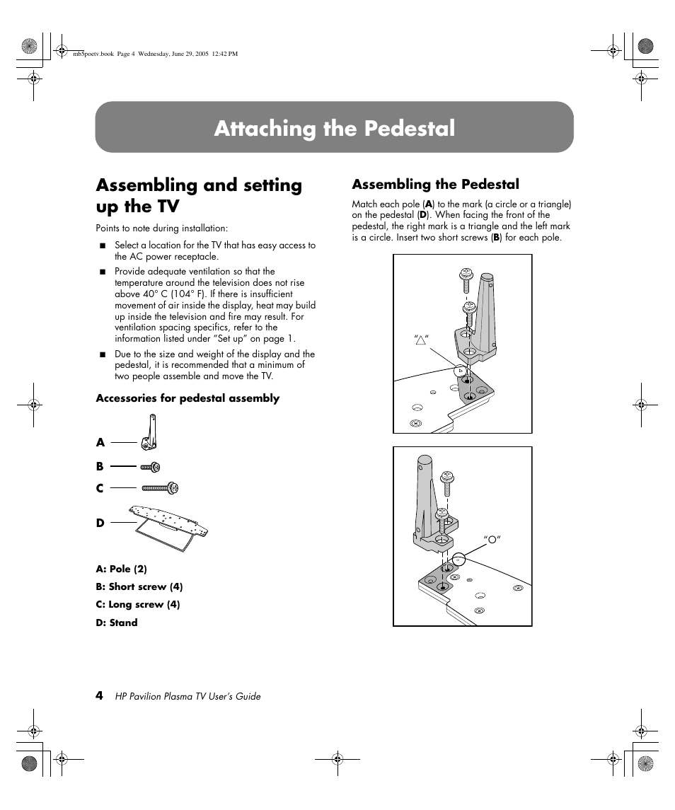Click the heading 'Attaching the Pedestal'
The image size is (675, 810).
click(x=334, y=128)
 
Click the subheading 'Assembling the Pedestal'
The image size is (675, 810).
click(x=435, y=185)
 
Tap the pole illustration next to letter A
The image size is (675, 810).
click(x=150, y=432)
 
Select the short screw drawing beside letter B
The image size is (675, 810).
click(x=151, y=466)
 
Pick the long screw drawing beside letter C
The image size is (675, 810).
click(x=161, y=487)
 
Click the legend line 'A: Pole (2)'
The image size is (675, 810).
click(x=121, y=569)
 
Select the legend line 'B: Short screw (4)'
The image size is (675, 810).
click(x=139, y=586)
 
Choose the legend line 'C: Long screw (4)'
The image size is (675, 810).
click(x=137, y=604)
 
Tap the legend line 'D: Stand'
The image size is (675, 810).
click(x=116, y=623)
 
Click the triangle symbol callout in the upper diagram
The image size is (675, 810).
click(x=422, y=341)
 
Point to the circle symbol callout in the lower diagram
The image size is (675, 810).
click(x=492, y=540)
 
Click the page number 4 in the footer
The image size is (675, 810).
click(x=100, y=695)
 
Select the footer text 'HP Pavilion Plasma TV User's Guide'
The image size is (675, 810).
click(x=187, y=696)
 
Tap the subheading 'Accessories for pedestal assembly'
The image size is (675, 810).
click(x=187, y=398)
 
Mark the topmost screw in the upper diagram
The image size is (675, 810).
click(x=467, y=277)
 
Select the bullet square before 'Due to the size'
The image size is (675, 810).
click(x=102, y=354)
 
